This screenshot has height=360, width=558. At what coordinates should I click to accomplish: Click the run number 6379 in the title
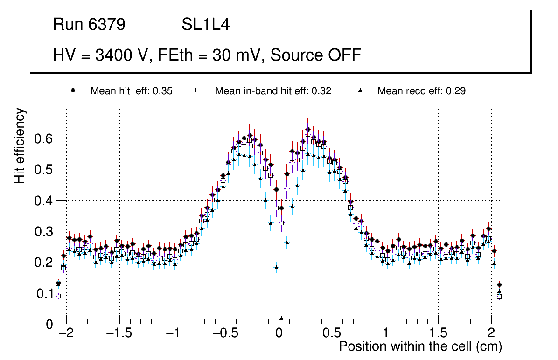pyautogui.click(x=107, y=25)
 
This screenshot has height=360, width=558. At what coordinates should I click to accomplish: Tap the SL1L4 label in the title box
pyautogui.click(x=205, y=25)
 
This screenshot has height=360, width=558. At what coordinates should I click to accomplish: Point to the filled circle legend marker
pyautogui.click(x=73, y=90)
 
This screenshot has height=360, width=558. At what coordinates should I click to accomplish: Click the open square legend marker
pyautogui.click(x=197, y=90)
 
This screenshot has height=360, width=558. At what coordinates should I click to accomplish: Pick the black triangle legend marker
pyautogui.click(x=360, y=90)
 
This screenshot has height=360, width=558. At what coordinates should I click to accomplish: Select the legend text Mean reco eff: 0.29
pyautogui.click(x=421, y=91)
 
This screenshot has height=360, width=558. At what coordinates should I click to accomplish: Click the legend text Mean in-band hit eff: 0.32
pyautogui.click(x=273, y=91)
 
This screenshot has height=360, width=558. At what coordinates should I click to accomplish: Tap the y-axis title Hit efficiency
pyautogui.click(x=20, y=145)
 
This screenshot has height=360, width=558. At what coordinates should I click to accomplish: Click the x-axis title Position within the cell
pyautogui.click(x=420, y=346)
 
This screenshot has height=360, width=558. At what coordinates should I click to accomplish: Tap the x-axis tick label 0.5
pyautogui.click(x=332, y=334)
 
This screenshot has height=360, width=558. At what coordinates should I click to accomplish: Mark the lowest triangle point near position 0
pyautogui.click(x=281, y=318)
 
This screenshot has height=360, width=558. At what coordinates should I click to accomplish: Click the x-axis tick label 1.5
pyautogui.click(x=438, y=334)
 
